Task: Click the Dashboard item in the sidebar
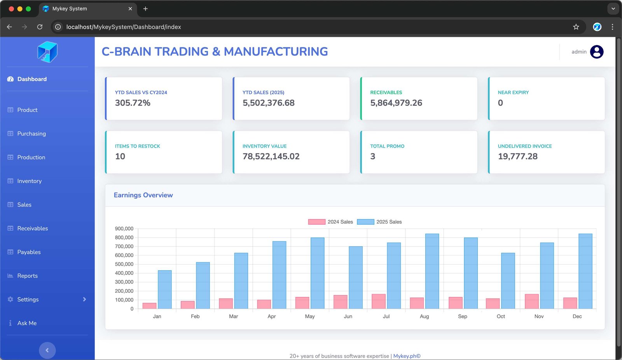[x=32, y=79]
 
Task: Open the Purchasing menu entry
[x=31, y=134]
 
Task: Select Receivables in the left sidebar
[x=33, y=229]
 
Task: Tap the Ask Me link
[x=27, y=323]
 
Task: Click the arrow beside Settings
[x=84, y=299]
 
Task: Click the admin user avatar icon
[x=597, y=52]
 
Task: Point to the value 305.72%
[x=133, y=103]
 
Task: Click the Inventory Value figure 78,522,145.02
[x=271, y=157]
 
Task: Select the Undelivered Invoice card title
[x=525, y=146]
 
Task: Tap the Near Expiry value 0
[x=500, y=103]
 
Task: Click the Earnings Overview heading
[x=143, y=195]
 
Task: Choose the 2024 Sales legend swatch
[x=316, y=222]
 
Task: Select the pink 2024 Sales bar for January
[x=149, y=306]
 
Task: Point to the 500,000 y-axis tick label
[x=124, y=264]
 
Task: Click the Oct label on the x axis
[x=501, y=316]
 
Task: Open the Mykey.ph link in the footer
[x=407, y=356]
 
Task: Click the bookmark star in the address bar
[x=576, y=27]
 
